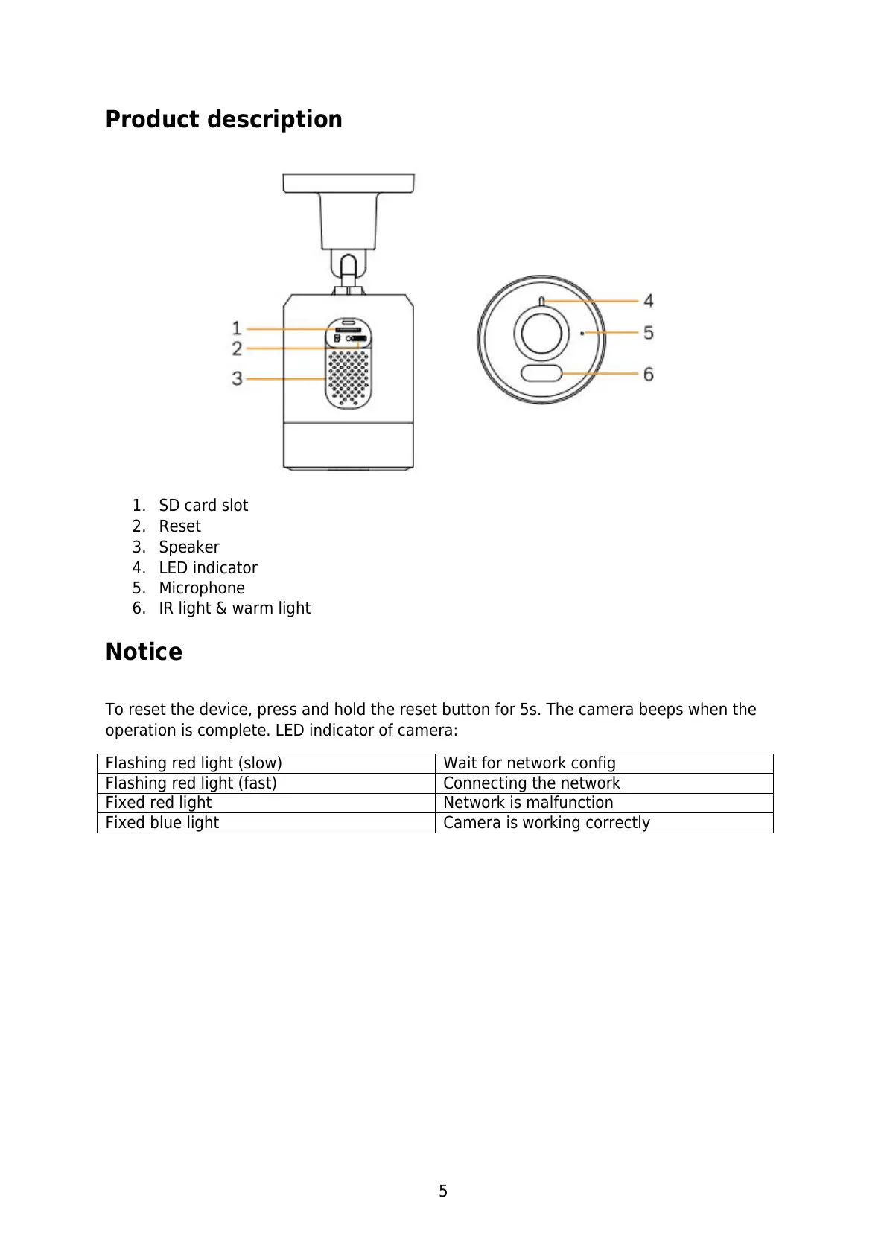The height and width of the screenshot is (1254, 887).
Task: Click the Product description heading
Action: pos(223,119)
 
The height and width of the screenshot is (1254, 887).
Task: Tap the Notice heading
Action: pos(144,652)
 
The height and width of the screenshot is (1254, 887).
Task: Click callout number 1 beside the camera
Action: pos(237,328)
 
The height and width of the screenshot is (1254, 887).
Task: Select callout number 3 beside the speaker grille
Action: pos(237,378)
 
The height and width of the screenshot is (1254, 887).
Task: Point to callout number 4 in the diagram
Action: pos(649,301)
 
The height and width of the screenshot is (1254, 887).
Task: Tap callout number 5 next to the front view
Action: pos(649,332)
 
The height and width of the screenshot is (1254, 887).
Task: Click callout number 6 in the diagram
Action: pos(649,374)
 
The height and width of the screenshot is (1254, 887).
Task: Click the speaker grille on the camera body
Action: pos(349,377)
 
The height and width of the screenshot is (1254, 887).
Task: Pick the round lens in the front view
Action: pos(541,333)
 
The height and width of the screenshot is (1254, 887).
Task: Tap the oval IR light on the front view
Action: pos(541,372)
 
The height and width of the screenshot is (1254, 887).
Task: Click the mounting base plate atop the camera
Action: pos(348,183)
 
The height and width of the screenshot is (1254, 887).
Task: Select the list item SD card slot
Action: pos(203,506)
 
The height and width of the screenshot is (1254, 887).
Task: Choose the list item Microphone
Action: pos(202,588)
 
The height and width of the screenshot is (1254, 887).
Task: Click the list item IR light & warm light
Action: pos(235,608)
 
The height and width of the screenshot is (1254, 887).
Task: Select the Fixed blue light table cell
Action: pos(162,823)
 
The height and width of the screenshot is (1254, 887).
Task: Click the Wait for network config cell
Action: pos(530,763)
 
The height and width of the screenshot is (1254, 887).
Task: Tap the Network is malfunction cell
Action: pos(528,803)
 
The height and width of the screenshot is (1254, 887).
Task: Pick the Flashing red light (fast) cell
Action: pos(191,783)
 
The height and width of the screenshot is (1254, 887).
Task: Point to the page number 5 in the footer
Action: pos(443,1191)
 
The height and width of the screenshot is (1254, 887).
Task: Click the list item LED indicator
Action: pos(208,568)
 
